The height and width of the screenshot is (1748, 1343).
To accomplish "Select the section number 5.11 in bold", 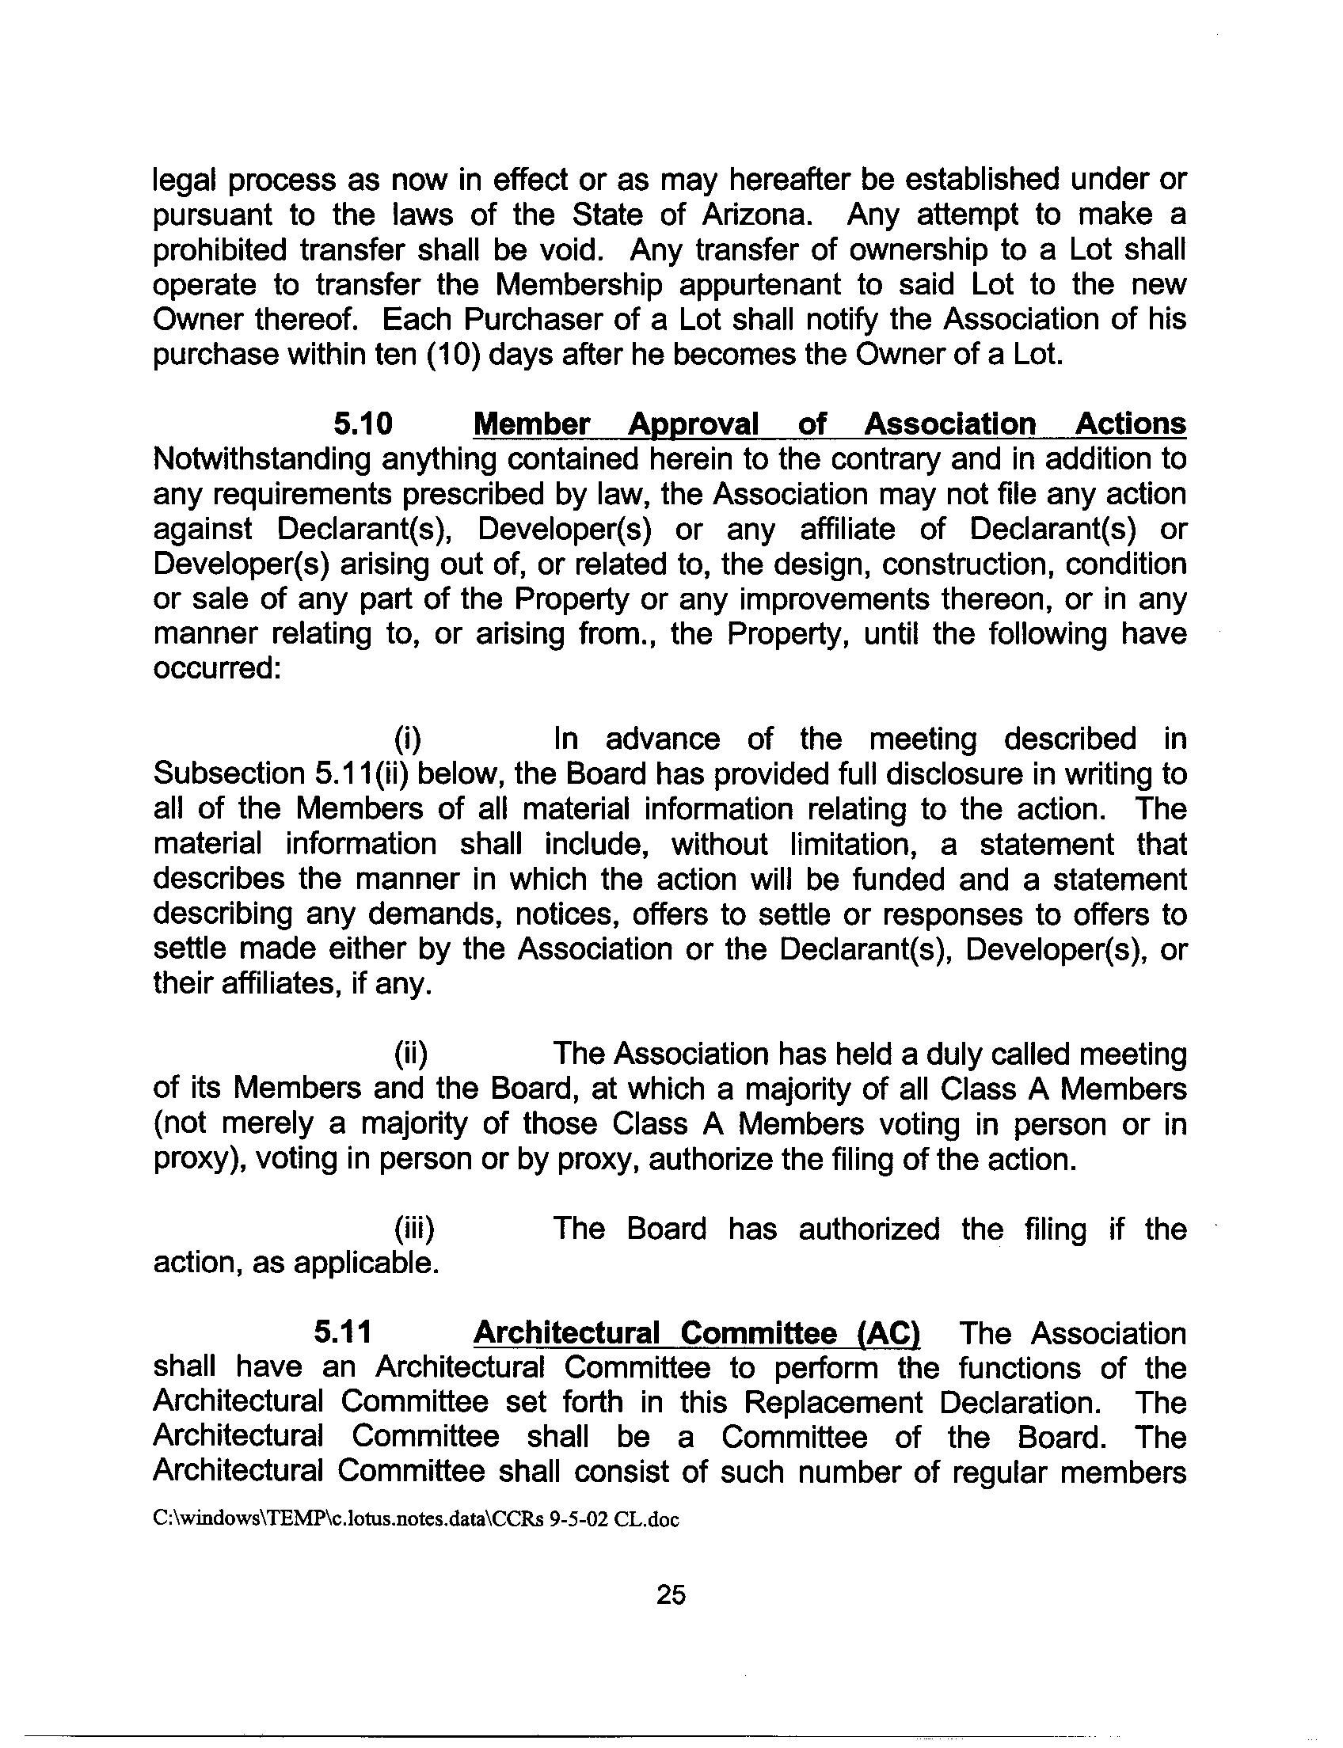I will point(343,1333).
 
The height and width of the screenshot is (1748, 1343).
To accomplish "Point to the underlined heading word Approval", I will point(692,424).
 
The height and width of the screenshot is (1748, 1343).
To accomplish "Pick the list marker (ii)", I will point(410,1054).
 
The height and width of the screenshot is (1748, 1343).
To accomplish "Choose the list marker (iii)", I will point(413,1229).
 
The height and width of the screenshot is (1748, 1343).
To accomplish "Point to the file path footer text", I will point(416,1519).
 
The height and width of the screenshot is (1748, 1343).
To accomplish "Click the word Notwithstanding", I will point(261,460).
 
